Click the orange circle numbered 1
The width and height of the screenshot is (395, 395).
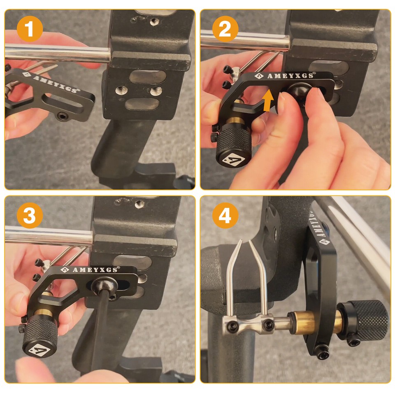30,29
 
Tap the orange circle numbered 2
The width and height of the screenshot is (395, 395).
225,29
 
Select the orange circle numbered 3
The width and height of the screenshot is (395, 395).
30,215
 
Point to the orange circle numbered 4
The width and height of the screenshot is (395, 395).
225,215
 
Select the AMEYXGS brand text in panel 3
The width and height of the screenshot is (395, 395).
95,270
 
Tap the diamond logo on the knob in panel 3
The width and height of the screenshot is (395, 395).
39,350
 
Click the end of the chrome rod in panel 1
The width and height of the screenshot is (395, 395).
109,56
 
